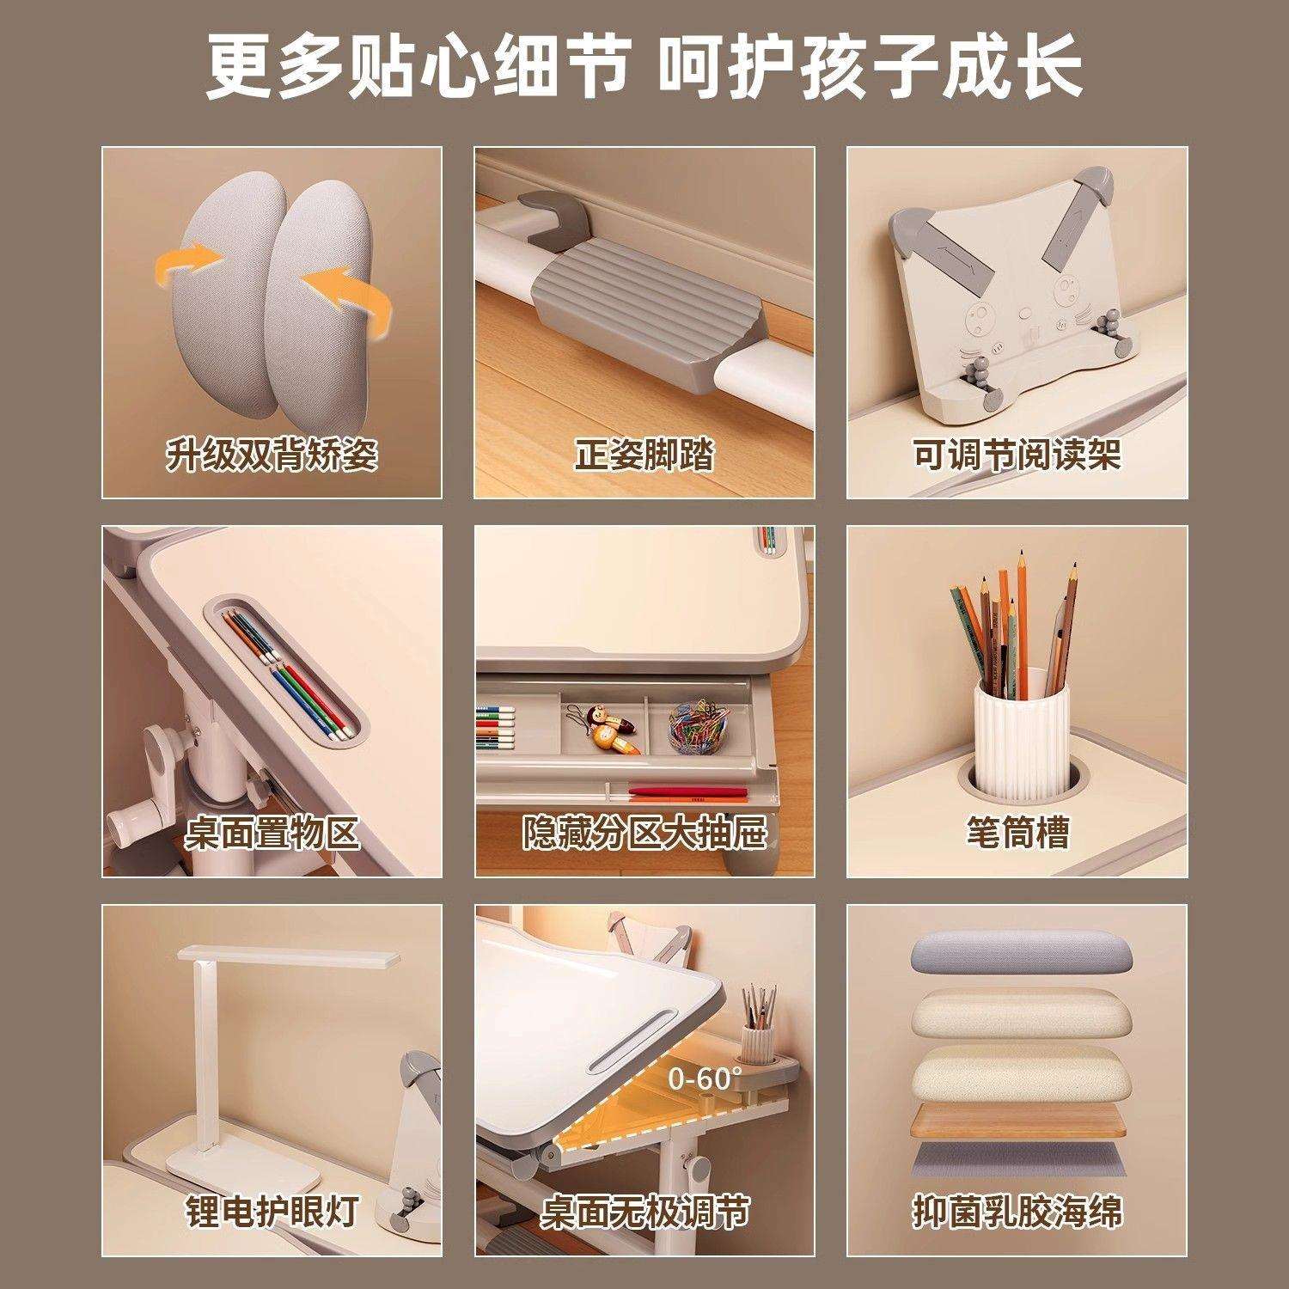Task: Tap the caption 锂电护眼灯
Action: click(272, 1212)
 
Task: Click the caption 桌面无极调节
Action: click(644, 1212)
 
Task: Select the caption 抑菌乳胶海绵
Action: click(1017, 1212)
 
